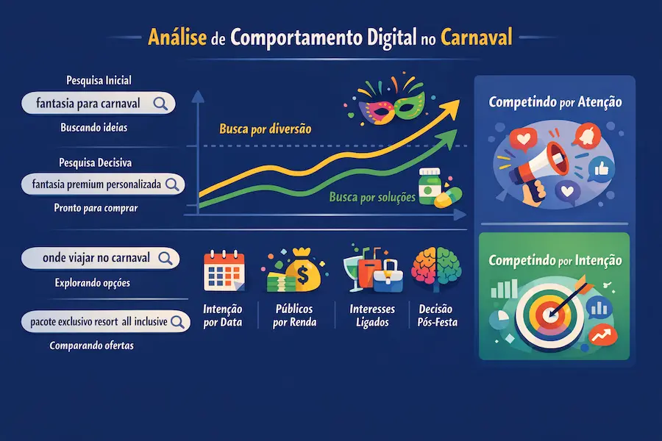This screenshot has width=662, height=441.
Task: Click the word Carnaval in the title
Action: [477, 37]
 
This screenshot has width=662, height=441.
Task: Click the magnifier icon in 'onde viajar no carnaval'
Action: [165, 257]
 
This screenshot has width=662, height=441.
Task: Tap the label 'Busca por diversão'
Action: [265, 129]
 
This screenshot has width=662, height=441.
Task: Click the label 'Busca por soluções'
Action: [372, 197]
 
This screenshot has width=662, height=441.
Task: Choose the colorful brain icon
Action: [437, 268]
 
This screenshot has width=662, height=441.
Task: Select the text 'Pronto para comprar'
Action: [96, 208]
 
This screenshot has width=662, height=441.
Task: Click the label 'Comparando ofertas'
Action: [92, 345]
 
